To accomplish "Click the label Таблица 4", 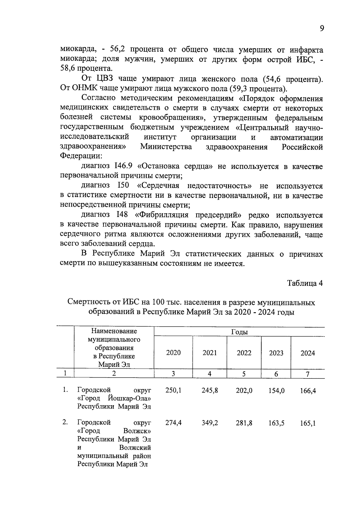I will point(305,283).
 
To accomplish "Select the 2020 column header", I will point(173,353).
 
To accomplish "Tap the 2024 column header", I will point(307,353).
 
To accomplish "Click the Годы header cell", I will point(239,332).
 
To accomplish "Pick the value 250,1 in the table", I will point(173,391).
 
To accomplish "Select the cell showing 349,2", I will point(210,423).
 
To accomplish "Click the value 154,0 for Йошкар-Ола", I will point(276,391).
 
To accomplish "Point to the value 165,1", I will point(308,423).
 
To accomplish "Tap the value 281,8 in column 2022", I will point(244,423).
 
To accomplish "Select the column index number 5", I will point(244,374).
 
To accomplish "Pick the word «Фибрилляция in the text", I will point(162,215).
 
